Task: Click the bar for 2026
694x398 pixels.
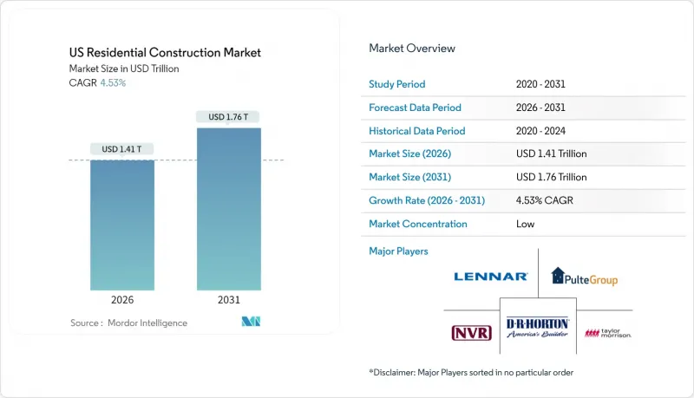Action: [x=122, y=225]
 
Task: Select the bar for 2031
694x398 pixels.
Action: [x=228, y=209]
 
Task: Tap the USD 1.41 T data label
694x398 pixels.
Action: [x=122, y=149]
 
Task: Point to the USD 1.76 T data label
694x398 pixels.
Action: [x=228, y=117]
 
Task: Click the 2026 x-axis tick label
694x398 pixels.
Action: [x=122, y=300]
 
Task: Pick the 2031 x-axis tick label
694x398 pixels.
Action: [x=228, y=300]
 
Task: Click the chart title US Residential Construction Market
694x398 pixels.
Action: [x=166, y=53]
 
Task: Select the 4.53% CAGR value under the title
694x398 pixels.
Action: [x=112, y=83]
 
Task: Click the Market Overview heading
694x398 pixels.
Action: [x=412, y=48]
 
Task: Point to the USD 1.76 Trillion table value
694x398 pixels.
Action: [x=551, y=177]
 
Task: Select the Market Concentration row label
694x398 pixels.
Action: [x=418, y=224]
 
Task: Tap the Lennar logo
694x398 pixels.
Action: [x=491, y=277]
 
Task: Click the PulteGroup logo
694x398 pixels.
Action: [x=585, y=277]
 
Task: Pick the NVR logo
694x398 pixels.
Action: [x=469, y=333]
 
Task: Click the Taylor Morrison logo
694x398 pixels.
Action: [x=608, y=333]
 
